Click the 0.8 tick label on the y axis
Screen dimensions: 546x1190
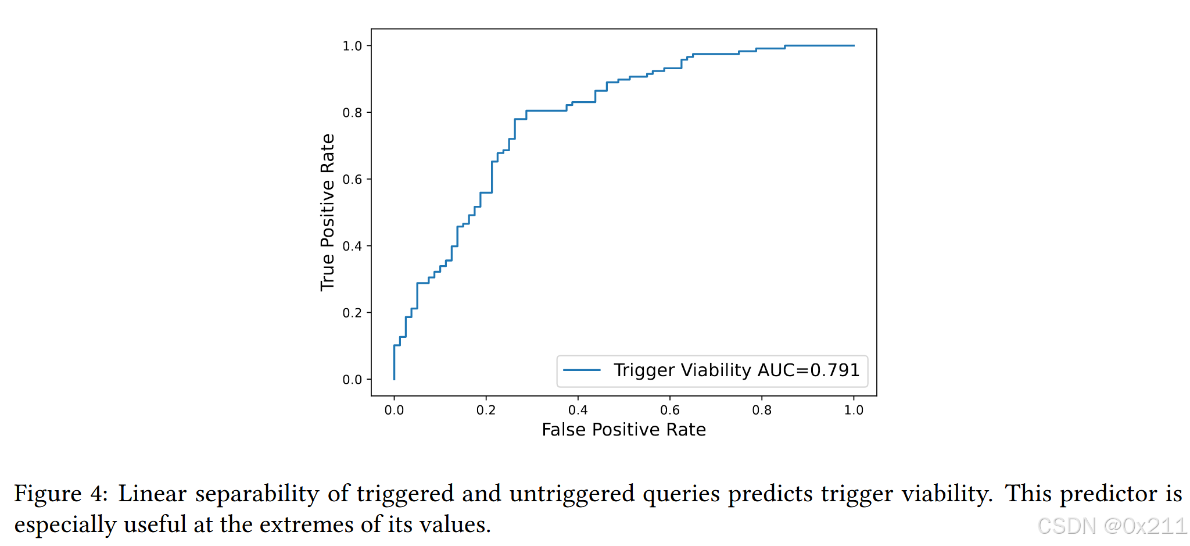tap(352, 113)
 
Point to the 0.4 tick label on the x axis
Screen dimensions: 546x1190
tap(578, 411)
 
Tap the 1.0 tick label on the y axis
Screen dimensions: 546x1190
tap(352, 46)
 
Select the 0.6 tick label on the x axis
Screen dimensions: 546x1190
tap(669, 411)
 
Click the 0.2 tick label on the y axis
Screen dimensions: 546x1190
tap(352, 313)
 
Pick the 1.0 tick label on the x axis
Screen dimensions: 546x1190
tap(854, 411)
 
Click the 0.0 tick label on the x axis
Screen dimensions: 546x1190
tap(394, 411)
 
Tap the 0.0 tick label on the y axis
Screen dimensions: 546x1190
tap(352, 380)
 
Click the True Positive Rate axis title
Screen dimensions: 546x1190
tap(328, 212)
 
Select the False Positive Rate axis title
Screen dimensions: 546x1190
tap(623, 430)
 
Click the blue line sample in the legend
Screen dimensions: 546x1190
tap(582, 370)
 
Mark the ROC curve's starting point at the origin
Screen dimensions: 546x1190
tap(395, 379)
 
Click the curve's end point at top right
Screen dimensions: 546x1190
tap(854, 45)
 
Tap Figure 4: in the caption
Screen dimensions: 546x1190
tap(60, 494)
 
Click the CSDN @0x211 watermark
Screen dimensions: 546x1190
tap(1112, 526)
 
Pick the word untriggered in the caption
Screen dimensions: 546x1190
tap(572, 494)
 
